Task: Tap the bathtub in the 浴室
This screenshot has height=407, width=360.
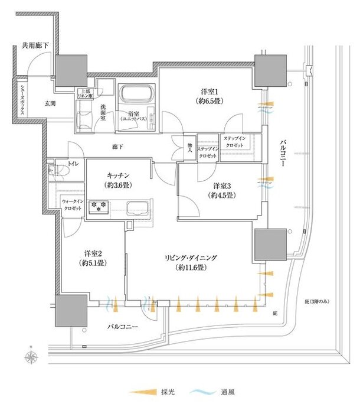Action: tap(136, 94)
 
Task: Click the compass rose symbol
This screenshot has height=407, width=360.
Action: tap(32, 357)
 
